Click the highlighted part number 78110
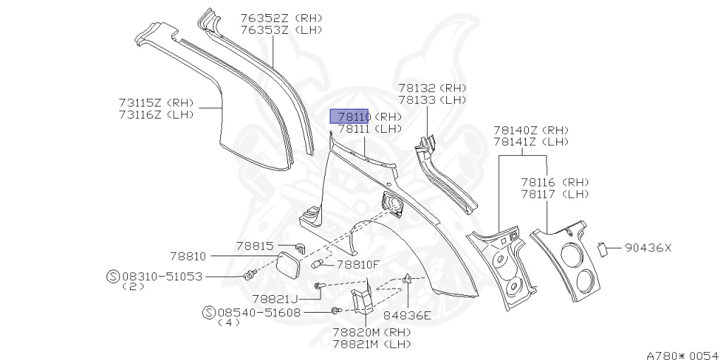[353, 116]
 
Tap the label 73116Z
[141, 115]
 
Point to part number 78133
[417, 100]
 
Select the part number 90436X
[647, 248]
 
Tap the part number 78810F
[358, 265]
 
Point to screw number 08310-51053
[162, 277]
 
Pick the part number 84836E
[407, 315]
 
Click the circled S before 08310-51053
[112, 277]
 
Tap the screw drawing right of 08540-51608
[337, 311]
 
